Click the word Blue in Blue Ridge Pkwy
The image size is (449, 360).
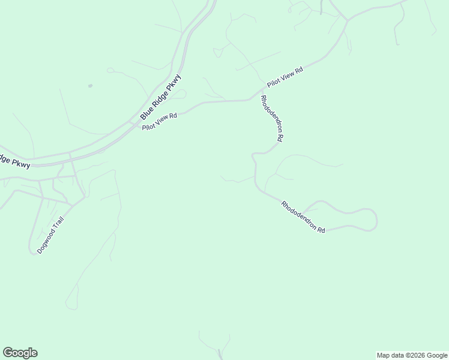(x=146, y=110)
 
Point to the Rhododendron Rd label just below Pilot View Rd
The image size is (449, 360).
(x=272, y=118)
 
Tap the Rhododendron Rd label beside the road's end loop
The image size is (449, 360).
(x=303, y=217)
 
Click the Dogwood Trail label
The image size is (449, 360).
(x=50, y=235)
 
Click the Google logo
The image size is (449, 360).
(x=20, y=353)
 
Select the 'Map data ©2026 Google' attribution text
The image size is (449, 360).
(x=411, y=355)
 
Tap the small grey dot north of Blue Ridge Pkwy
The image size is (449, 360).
(x=90, y=86)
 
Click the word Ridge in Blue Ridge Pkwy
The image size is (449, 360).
(x=160, y=97)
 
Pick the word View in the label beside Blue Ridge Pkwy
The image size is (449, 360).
(x=160, y=121)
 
